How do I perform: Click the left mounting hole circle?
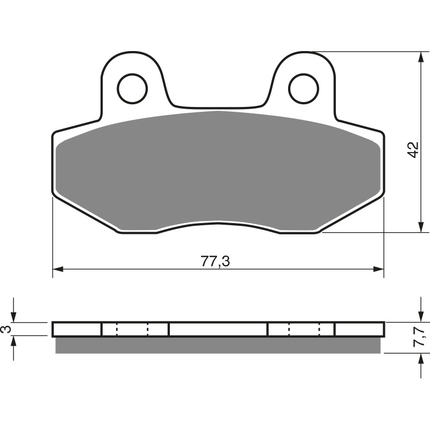pos(132,88)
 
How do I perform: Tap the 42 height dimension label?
pos(412,149)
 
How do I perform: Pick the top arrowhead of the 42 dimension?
pos(419,58)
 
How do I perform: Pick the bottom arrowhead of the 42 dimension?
pos(419,227)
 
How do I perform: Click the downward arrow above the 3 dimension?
pos(15,317)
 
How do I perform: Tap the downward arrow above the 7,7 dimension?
pos(419,317)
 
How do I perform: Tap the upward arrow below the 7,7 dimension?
pos(419,360)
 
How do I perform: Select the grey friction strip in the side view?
pos(218,345)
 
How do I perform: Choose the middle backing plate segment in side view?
pos(218,329)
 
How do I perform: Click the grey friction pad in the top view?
pos(218,167)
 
